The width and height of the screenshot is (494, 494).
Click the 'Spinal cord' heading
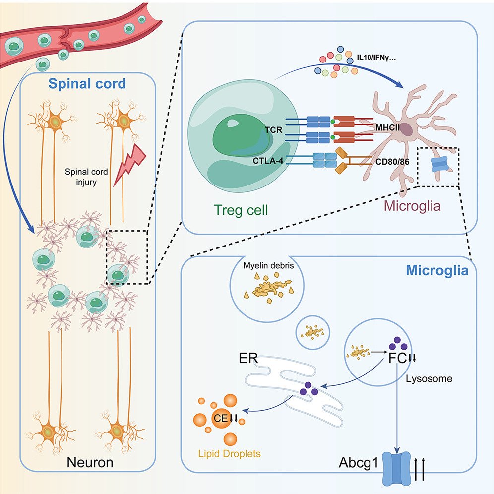click(87, 83)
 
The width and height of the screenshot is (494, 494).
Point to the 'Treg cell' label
click(241, 210)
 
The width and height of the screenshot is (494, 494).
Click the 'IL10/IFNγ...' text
click(379, 59)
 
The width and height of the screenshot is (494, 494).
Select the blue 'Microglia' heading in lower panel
click(437, 271)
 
